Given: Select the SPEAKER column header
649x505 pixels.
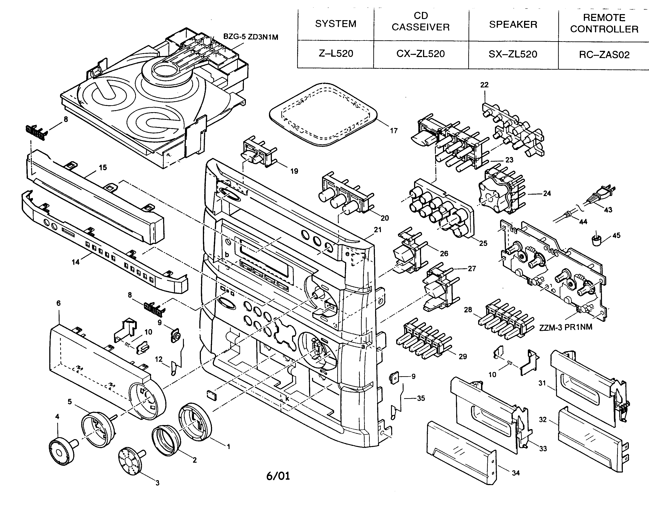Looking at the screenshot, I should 513,24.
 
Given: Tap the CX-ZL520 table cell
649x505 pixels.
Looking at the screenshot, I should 421,54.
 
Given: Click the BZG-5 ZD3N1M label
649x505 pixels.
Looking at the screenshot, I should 251,37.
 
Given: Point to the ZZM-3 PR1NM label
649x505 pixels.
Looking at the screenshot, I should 565,327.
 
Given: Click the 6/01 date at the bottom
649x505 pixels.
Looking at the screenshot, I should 278,476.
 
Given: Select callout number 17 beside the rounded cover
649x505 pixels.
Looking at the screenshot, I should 393,131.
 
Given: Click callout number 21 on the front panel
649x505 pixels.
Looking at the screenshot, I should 377,230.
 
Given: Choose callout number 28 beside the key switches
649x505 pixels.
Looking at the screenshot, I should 468,310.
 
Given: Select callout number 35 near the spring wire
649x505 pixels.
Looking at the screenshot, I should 421,398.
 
